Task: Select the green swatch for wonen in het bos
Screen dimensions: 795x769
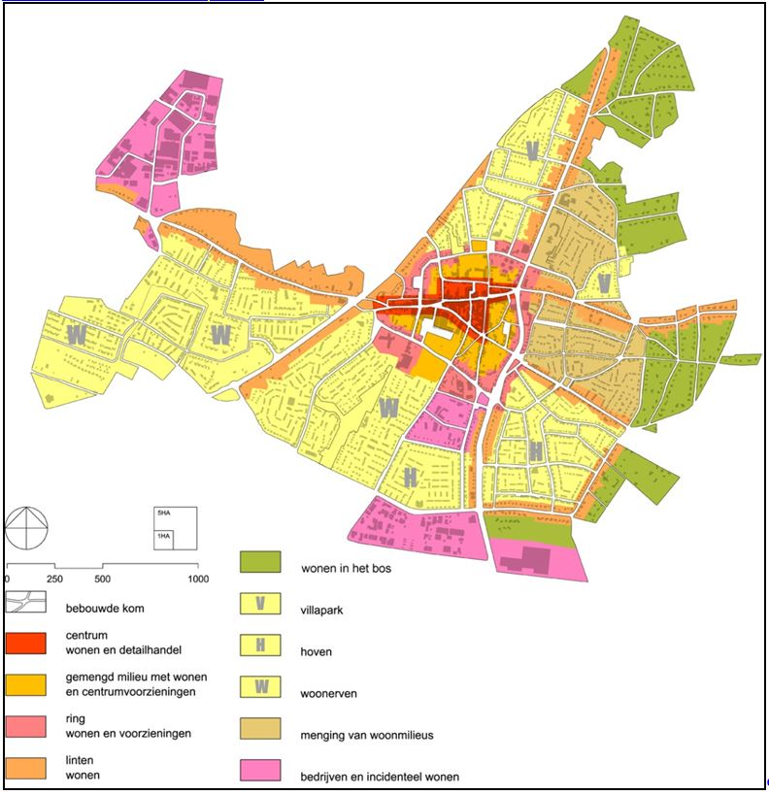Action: coord(260,562)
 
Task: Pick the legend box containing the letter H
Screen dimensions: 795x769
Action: coord(260,646)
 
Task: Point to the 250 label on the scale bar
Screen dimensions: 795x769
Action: coord(54,579)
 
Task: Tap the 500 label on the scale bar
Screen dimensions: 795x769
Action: coord(102,579)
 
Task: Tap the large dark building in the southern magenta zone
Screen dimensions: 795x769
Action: coord(534,560)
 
